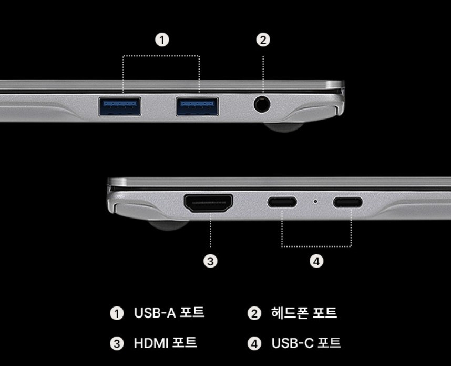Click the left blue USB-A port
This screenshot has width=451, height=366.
[x=120, y=106]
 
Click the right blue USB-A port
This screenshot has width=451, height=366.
[x=197, y=106]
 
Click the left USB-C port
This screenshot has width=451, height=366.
[x=282, y=202]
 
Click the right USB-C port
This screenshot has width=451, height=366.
[x=347, y=202]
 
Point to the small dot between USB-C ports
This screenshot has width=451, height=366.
[x=315, y=201]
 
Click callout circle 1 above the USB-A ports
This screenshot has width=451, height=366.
[x=162, y=40]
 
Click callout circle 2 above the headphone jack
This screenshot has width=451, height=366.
[x=263, y=40]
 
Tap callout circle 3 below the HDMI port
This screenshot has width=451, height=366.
[x=210, y=261]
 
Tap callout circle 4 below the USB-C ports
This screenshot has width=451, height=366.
[x=316, y=261]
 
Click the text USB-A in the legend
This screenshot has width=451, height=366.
[x=155, y=313]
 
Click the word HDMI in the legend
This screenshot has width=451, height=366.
[x=150, y=343]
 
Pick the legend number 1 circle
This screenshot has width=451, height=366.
[x=116, y=314]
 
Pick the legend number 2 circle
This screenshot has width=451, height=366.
[x=254, y=314]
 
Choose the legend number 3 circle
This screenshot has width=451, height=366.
[x=116, y=344]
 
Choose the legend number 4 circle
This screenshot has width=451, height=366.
[x=254, y=344]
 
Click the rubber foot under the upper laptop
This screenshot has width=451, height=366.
[x=284, y=127]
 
